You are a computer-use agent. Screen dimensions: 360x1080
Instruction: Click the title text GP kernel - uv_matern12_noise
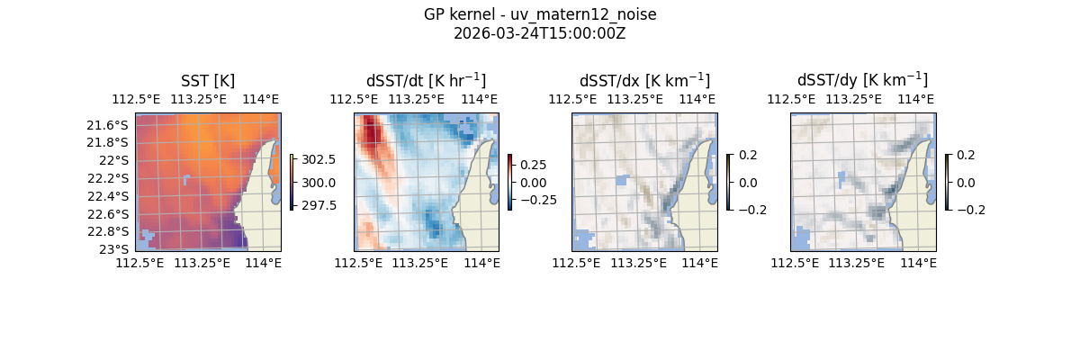click(x=540, y=14)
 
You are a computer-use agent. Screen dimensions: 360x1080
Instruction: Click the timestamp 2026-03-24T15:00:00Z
click(x=540, y=33)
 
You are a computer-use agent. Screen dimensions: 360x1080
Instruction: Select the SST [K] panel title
click(x=208, y=81)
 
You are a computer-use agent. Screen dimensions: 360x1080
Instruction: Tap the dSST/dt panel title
click(x=426, y=81)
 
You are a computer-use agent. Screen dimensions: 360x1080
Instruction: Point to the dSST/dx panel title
click(x=644, y=81)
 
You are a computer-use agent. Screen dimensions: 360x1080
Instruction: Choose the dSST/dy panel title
click(x=862, y=81)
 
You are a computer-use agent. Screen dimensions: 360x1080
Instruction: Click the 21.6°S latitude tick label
click(x=107, y=124)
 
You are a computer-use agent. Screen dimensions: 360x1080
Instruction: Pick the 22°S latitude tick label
click(x=114, y=160)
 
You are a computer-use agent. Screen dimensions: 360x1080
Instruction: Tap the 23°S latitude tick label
click(x=114, y=248)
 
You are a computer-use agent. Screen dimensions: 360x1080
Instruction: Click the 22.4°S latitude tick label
click(x=107, y=196)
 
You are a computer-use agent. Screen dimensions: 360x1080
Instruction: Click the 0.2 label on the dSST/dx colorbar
click(x=748, y=155)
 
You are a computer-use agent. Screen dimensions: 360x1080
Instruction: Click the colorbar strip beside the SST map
click(x=292, y=182)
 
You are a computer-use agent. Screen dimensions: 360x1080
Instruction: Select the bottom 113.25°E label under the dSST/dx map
click(x=638, y=263)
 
